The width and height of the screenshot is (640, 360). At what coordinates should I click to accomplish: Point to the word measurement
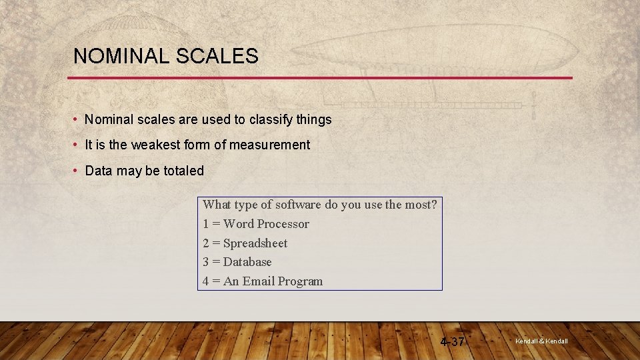coord(269,145)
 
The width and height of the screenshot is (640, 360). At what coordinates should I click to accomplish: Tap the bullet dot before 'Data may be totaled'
coord(77,171)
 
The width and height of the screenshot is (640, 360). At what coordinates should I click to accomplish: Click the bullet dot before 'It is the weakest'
coord(77,145)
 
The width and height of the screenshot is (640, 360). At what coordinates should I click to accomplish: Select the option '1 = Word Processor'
coord(256,224)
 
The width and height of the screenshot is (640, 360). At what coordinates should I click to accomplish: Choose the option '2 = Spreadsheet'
coord(245,243)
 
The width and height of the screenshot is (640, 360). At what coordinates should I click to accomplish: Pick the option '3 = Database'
coord(237,262)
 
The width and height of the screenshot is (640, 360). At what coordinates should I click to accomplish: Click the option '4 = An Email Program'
coord(263,281)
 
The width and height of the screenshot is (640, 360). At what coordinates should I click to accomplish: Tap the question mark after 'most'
coord(434,205)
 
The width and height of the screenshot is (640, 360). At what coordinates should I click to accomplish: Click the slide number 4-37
coord(453,342)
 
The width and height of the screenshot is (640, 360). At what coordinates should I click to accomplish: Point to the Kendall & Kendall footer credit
coord(541,341)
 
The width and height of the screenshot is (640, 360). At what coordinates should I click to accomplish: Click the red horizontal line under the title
coord(320,78)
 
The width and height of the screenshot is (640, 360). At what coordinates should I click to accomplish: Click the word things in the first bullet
coord(314,120)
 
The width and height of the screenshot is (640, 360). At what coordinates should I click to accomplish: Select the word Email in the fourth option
coord(258,281)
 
